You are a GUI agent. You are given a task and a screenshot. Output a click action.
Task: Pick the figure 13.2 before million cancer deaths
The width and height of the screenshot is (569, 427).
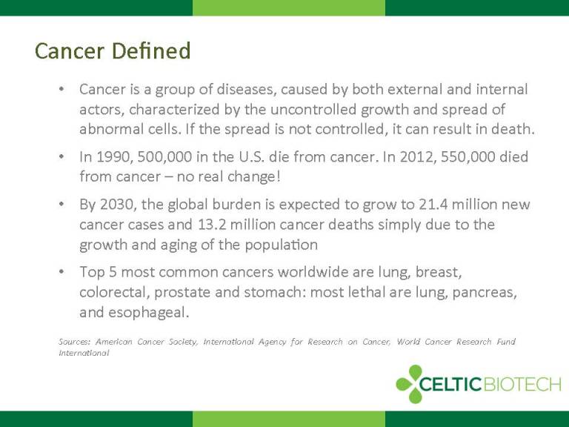point(213,225)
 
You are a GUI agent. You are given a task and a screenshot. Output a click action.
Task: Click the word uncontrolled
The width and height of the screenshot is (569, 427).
point(313,109)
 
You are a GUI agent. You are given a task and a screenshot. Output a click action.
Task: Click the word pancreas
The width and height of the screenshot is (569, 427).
point(485,293)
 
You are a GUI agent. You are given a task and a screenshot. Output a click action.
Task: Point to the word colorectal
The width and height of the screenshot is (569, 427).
point(114,292)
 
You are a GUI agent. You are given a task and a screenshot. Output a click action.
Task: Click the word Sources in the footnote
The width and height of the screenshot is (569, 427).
point(74,342)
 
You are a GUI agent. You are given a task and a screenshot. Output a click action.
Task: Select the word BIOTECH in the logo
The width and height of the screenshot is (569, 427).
point(522,384)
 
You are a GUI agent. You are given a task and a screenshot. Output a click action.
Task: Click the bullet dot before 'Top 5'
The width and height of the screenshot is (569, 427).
point(61,271)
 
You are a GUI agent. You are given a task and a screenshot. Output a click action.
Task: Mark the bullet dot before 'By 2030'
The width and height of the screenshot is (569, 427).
point(61,205)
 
